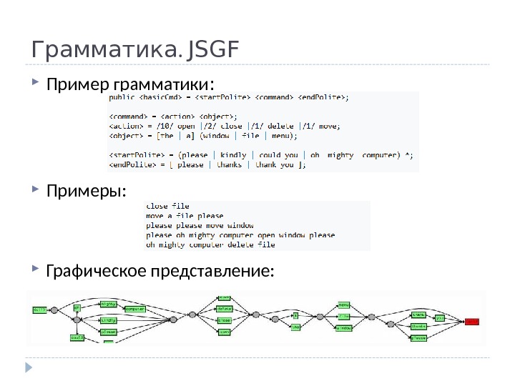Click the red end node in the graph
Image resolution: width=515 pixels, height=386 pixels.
tap(471, 320)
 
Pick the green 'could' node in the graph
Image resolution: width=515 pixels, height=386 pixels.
tap(77, 336)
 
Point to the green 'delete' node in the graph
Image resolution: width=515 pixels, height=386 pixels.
tap(225, 309)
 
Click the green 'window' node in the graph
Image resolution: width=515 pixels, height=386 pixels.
tap(343, 328)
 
